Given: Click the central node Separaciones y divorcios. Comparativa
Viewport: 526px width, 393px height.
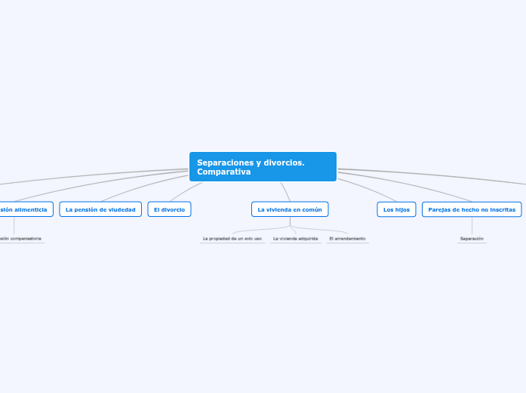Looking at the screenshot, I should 263,166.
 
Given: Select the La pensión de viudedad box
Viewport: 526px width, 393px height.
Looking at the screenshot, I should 100,209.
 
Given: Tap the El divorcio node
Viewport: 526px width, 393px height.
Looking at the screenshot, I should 169,209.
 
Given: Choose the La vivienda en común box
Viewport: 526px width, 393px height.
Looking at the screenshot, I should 290,209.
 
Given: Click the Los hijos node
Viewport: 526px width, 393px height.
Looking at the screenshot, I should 396,209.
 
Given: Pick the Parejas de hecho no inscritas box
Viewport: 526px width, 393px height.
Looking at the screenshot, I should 472,209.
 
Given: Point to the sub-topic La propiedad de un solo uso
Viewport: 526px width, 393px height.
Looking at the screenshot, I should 232,239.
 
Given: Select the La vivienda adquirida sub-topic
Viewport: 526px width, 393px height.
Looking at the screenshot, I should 295,239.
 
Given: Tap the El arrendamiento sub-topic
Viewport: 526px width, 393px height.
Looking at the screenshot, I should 347,239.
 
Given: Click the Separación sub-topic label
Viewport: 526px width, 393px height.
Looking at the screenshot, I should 472,239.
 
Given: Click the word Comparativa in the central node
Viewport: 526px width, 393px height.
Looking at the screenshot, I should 223,172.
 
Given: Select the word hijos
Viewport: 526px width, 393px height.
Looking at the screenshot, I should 402,209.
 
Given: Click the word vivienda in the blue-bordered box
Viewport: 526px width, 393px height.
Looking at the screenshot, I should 285,209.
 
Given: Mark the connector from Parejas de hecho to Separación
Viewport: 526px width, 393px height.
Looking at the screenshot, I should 472,225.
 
